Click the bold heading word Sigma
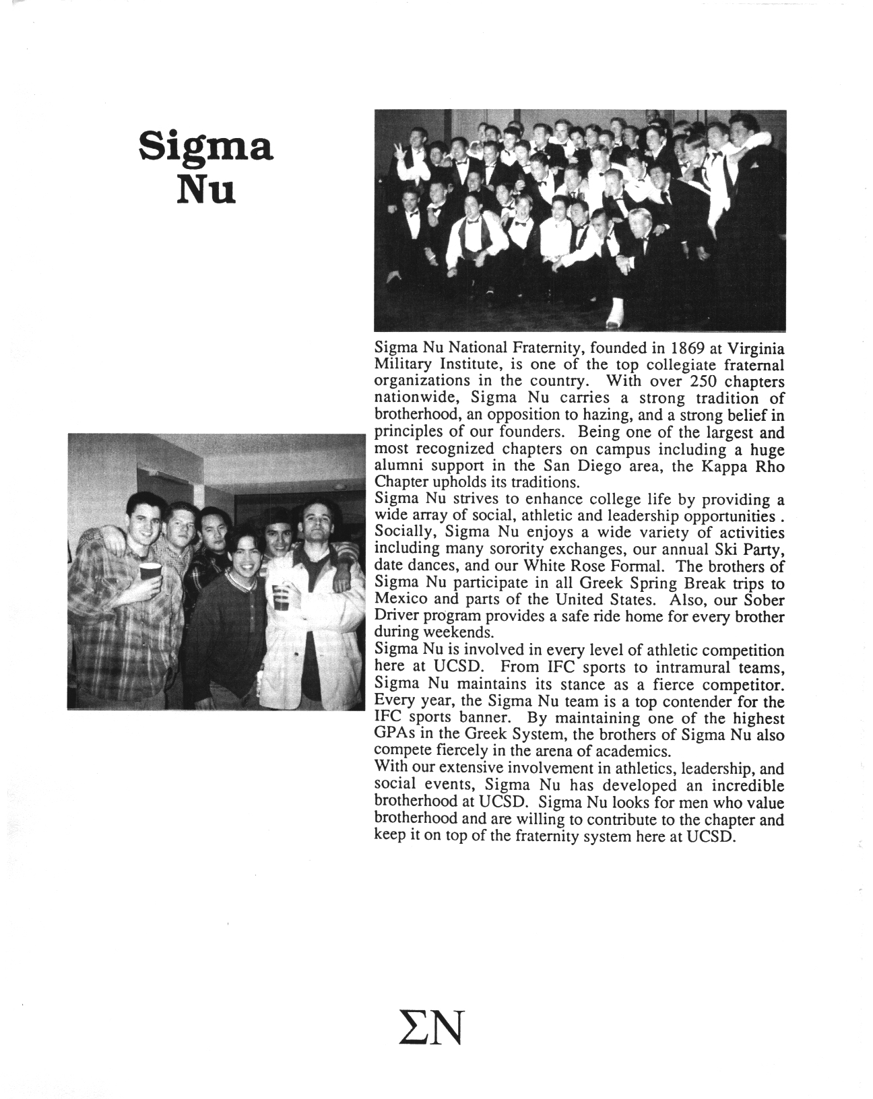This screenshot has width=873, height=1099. pyautogui.click(x=205, y=147)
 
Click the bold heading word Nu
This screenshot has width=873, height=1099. pyautogui.click(x=205, y=191)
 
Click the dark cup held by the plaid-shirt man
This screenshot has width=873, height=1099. pyautogui.click(x=151, y=572)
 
